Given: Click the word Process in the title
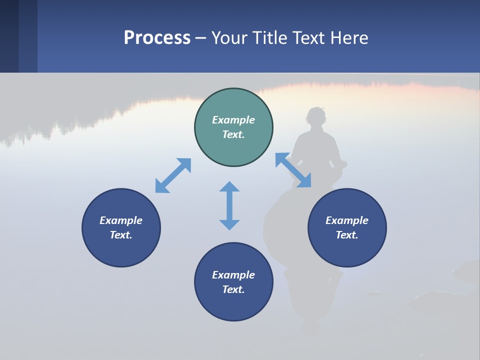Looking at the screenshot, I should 157,38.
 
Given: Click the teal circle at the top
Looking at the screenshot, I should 233,127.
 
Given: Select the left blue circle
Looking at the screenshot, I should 121,227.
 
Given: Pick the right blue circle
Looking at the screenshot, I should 347,227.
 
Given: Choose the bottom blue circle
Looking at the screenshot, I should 233,282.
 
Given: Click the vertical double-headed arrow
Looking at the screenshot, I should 229,205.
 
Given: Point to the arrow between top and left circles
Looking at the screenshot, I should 173,175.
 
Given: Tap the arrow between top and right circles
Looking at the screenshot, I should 293,170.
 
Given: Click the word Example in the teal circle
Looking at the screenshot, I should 233,120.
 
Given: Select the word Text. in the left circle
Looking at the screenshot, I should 121,235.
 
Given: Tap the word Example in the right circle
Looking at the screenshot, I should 347,220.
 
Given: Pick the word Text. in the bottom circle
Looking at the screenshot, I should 233,289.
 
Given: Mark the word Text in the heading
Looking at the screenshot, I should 310,38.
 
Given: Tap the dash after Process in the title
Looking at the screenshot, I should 200,38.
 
